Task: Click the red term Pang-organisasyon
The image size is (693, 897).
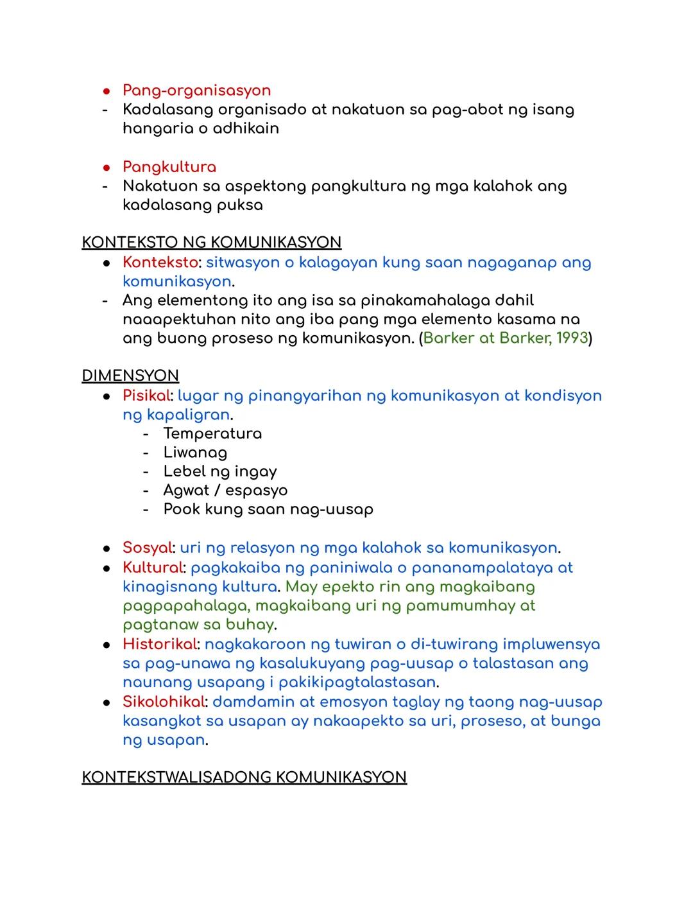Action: (196, 91)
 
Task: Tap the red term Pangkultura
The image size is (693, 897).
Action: (169, 167)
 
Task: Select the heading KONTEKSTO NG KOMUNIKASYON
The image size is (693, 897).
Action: (212, 243)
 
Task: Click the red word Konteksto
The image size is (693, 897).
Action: (160, 263)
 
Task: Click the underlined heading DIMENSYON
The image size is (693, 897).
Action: (130, 376)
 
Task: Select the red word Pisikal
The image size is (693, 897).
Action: (146, 396)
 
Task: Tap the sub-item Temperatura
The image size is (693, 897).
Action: (212, 434)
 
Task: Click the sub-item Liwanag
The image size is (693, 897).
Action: (195, 453)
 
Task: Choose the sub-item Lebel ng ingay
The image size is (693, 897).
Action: (220, 471)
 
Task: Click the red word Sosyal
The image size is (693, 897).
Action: (147, 548)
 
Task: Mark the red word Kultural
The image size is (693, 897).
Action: (153, 568)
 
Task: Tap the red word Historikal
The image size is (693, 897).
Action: (159, 644)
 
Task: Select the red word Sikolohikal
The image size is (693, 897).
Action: (164, 702)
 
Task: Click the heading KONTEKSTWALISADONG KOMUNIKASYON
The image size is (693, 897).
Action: (244, 778)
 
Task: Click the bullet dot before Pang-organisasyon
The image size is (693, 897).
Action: (107, 91)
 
